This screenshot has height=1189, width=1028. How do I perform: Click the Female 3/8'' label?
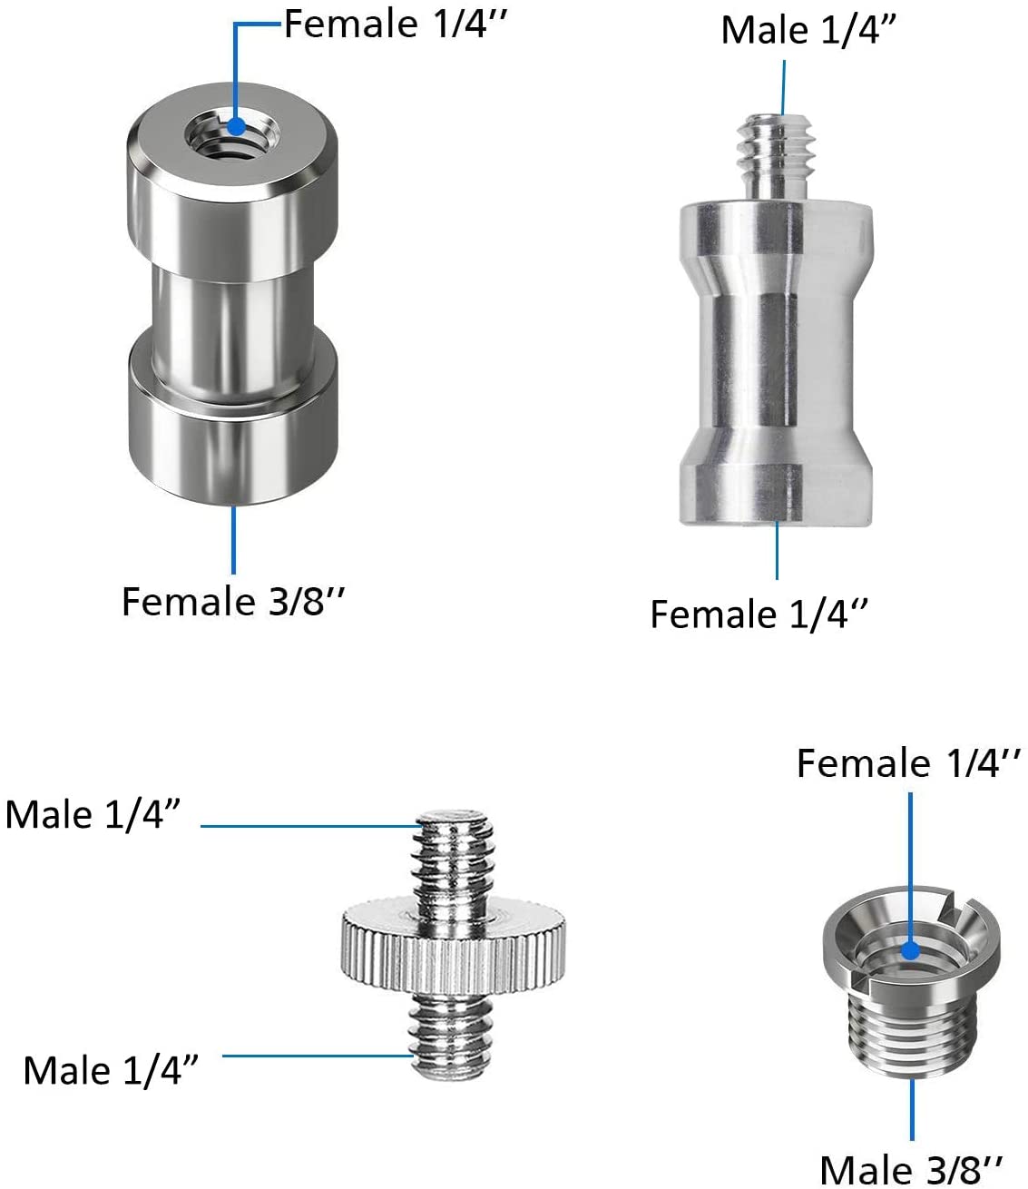tap(233, 602)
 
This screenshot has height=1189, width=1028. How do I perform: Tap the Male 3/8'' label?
tap(911, 1169)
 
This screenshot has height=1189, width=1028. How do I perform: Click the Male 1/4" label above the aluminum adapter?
tap(808, 30)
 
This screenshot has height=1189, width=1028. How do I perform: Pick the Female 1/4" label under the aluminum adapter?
tap(759, 614)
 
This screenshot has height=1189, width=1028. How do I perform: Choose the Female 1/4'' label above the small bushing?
tap(908, 763)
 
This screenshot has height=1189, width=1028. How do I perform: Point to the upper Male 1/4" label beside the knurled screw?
tap(93, 814)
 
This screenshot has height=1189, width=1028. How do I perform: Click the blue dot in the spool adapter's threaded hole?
tap(236, 126)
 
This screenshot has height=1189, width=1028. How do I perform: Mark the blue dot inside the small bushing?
tap(910, 951)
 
